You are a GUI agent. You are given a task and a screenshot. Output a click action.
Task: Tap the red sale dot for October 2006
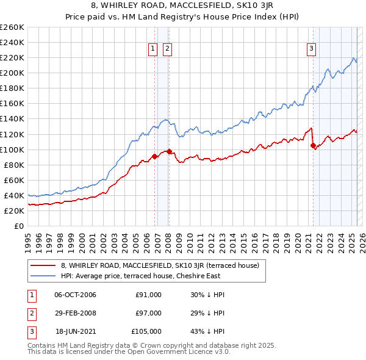coord(155,156)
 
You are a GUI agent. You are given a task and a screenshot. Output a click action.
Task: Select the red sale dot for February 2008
coord(170,151)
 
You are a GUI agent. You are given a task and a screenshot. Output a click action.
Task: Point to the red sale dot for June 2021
coord(314,145)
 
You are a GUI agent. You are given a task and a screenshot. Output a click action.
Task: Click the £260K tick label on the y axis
coord(12,27)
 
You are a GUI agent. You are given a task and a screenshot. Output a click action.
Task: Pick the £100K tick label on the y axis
coord(12,149)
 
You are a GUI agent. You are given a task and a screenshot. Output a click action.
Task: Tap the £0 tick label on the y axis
coord(20,226)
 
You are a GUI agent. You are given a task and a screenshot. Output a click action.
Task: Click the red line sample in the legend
coord(43,265)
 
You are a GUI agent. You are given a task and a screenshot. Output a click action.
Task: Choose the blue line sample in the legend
coord(43,275)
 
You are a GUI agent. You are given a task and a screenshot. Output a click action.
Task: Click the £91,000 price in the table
coord(148,295)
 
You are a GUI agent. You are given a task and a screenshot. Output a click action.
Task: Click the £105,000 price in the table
coord(146,331)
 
